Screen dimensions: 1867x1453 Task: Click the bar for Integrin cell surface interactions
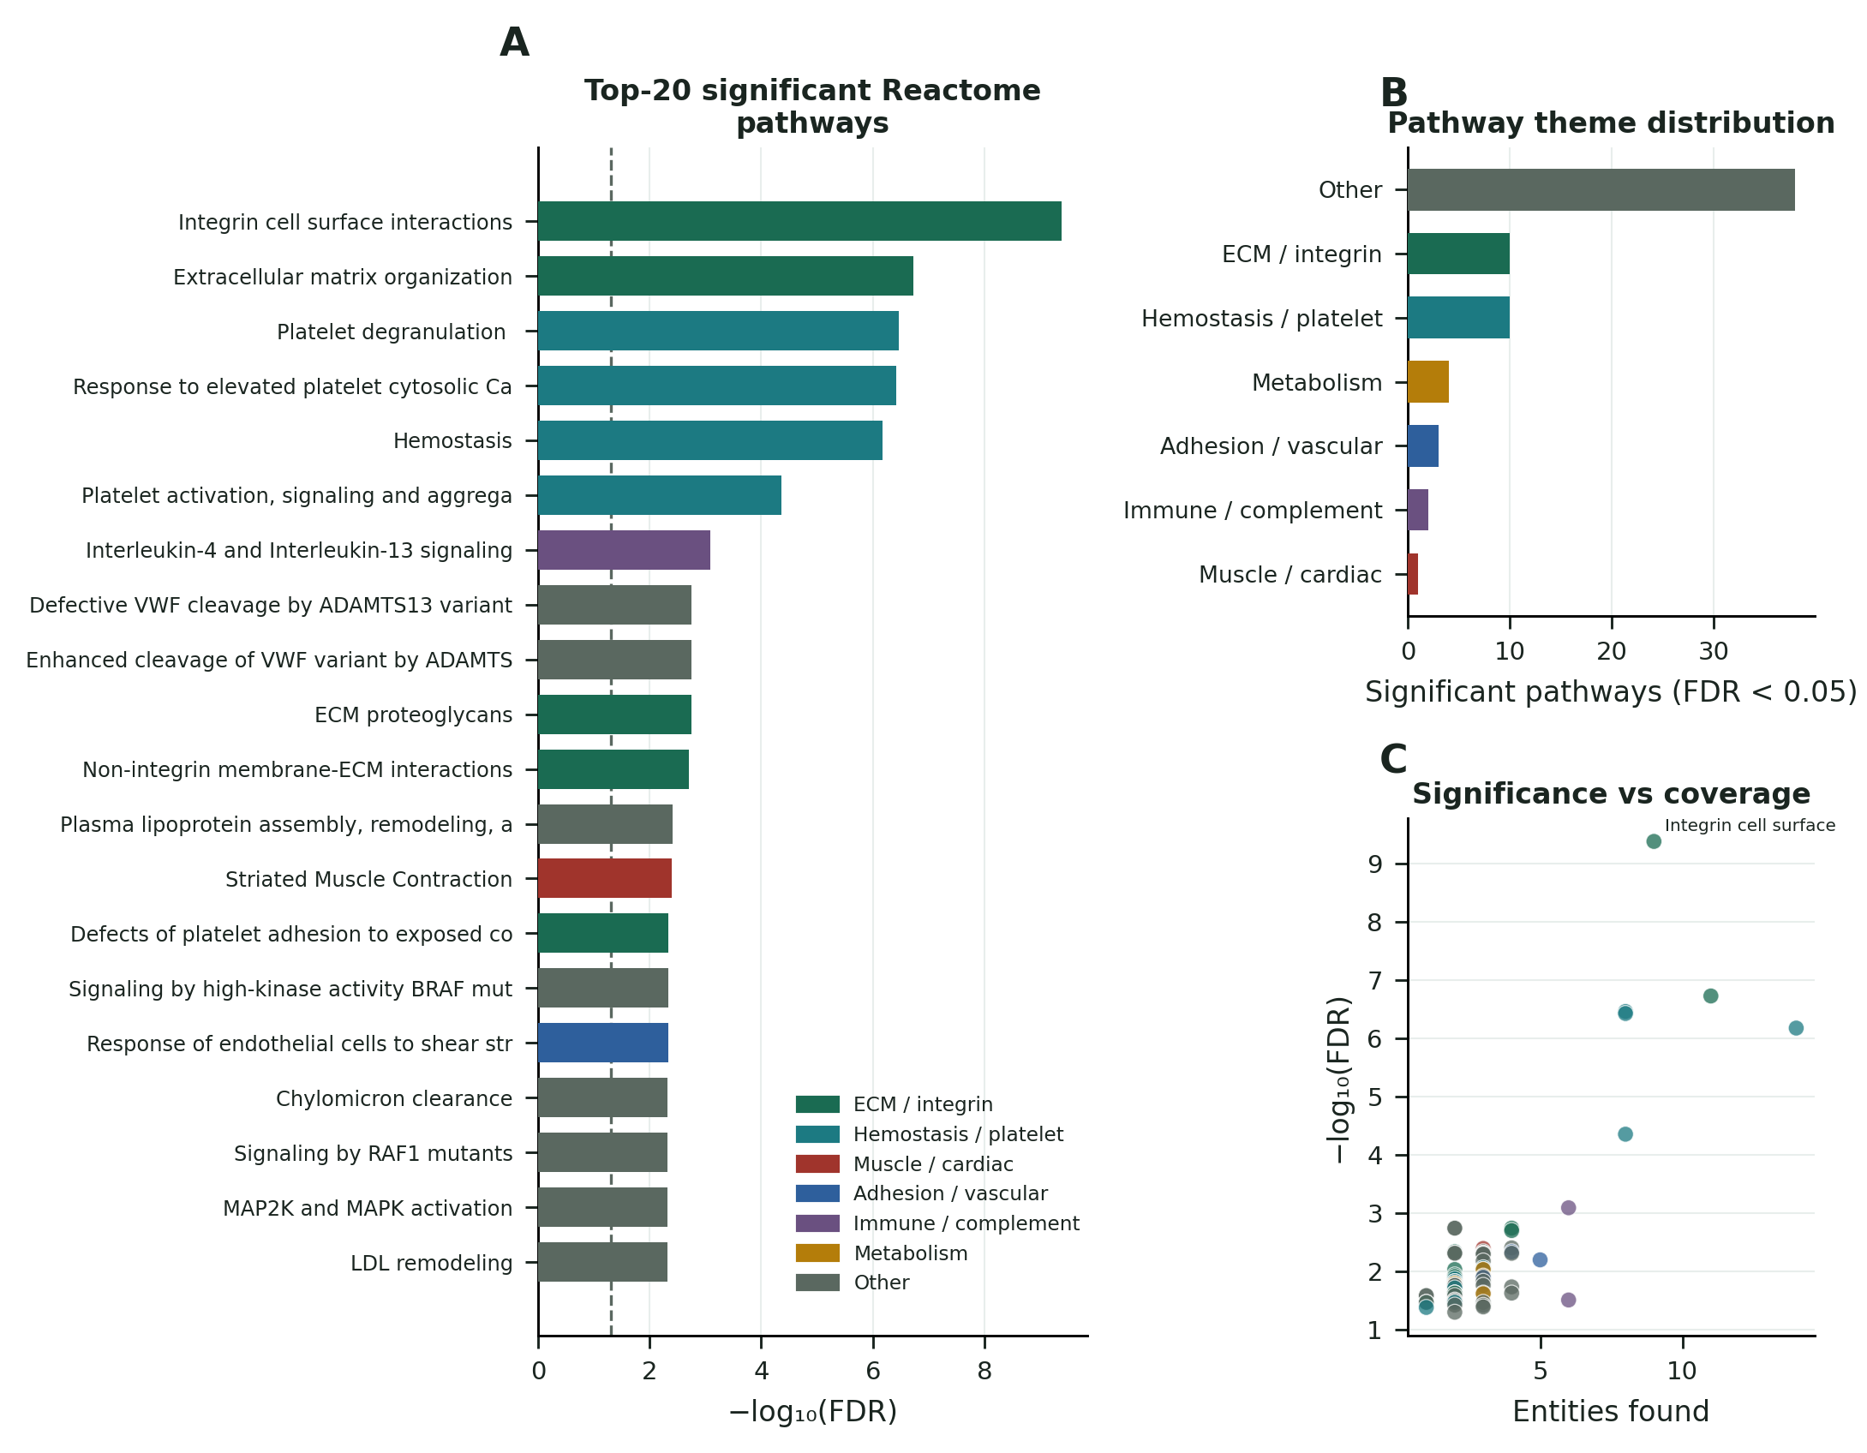[x=799, y=221]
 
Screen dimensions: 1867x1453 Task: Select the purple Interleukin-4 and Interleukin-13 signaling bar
[x=624, y=550]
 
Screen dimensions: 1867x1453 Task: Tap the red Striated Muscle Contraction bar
[x=605, y=878]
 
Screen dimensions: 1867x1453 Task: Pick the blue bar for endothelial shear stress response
[x=603, y=1043]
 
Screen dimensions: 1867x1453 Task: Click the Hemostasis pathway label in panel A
[x=452, y=441]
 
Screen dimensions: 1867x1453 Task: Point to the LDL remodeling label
[x=432, y=1263]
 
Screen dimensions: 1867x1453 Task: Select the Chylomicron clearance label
[x=394, y=1098]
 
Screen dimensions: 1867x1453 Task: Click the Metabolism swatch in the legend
[x=817, y=1253]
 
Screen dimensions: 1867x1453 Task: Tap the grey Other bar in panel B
[x=1601, y=189]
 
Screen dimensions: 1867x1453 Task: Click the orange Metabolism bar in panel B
[x=1428, y=382]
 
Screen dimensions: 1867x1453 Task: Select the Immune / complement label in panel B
[x=1253, y=511]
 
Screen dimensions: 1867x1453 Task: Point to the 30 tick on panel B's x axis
[x=1714, y=651]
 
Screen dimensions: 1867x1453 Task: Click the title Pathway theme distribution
[x=1611, y=123]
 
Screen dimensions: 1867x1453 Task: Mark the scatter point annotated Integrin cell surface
[x=1654, y=841]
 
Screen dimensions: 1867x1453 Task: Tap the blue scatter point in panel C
[x=1540, y=1259]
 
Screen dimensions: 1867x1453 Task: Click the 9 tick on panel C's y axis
[x=1375, y=864]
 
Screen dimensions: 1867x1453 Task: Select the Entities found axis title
[x=1611, y=1411]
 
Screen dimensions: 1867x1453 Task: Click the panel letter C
[x=1393, y=759]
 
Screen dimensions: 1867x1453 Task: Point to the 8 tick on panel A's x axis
[x=984, y=1371]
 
